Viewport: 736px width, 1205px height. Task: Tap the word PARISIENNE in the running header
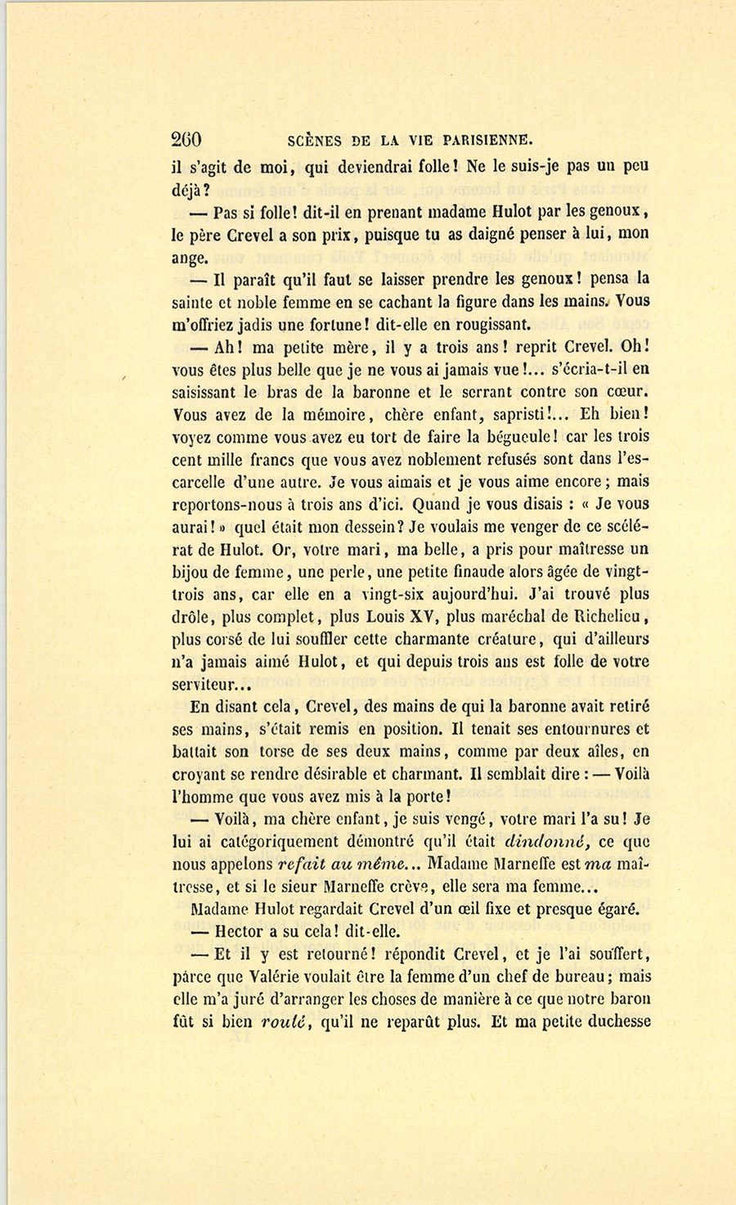484,139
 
